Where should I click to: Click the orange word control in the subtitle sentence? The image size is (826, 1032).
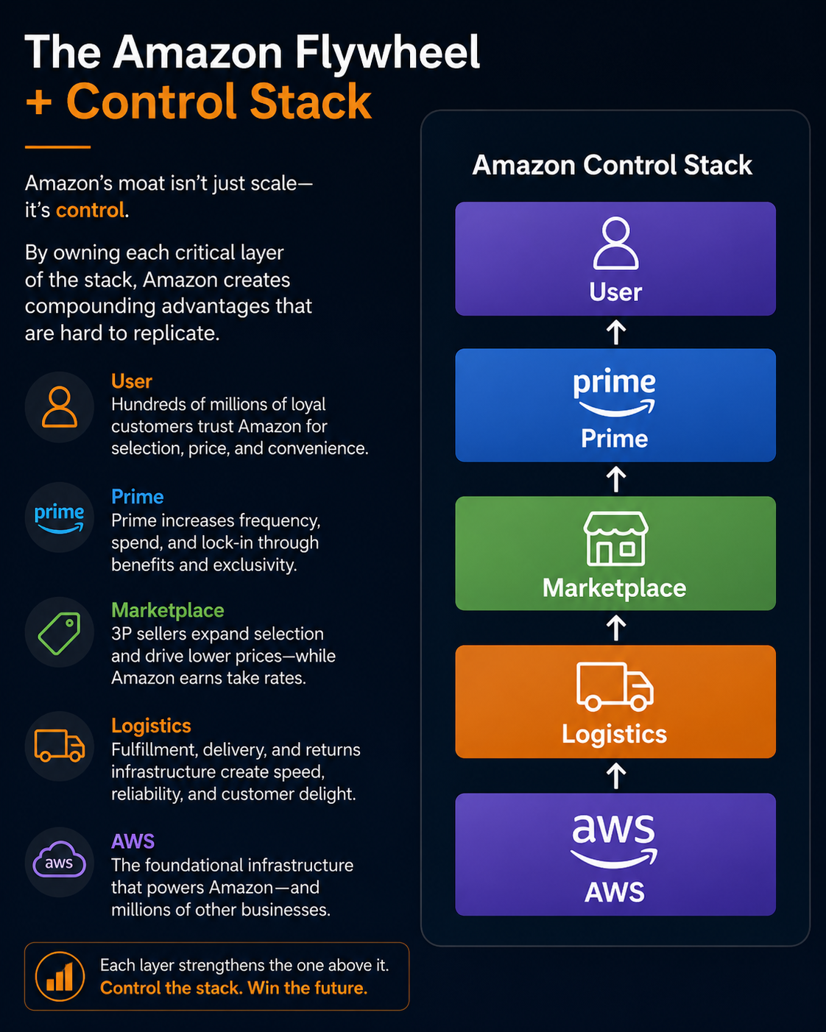90,210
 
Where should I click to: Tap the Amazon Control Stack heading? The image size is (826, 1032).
612,165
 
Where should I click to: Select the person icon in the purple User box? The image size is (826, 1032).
615,243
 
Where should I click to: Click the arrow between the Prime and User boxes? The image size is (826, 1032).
616,332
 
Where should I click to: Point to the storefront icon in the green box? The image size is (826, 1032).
615,538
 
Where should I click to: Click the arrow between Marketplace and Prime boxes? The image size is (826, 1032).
616,479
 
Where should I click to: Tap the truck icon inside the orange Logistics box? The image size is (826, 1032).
615,686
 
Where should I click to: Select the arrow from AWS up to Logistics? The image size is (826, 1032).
616,776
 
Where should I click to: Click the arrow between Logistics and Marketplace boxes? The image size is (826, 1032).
616,628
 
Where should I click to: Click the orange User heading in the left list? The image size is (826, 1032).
132,381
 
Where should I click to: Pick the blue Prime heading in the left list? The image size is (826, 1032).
137,497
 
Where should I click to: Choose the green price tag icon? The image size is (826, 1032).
60,633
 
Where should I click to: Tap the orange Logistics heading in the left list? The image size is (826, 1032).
151,726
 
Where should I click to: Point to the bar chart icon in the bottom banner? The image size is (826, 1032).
60,976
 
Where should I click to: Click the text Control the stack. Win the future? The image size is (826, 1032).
233,988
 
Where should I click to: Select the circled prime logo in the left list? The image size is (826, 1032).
60,518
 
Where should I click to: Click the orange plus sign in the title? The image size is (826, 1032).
38,102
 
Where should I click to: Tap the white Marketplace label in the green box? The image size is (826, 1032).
615,588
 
